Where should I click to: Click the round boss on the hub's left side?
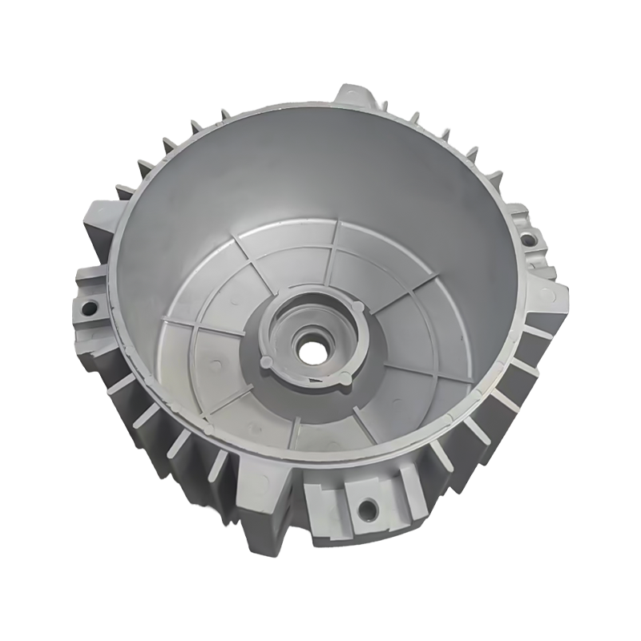265,362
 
